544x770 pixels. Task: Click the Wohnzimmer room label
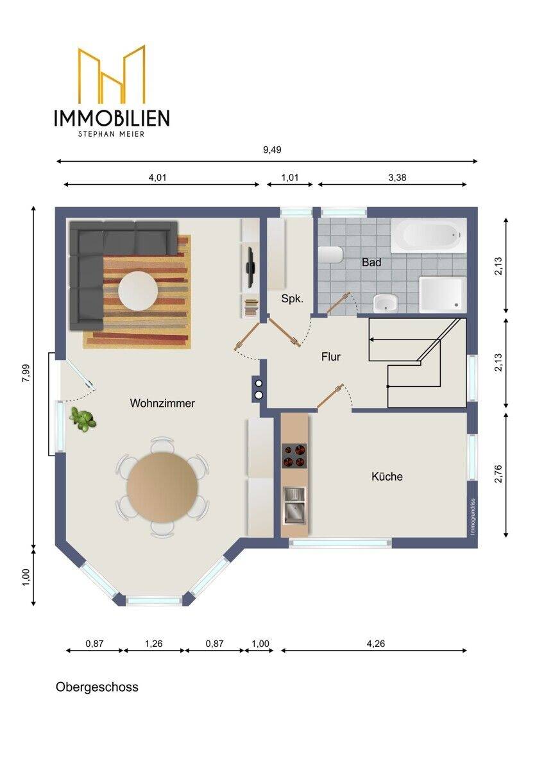tap(162, 403)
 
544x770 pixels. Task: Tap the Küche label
tap(387, 476)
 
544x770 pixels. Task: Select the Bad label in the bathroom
tap(371, 262)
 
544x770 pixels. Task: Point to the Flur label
tap(331, 357)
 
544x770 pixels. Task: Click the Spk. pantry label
tap(293, 299)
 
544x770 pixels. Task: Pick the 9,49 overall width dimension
tap(272, 150)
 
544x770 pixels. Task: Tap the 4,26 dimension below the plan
tap(376, 644)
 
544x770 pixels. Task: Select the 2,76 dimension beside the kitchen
tap(498, 474)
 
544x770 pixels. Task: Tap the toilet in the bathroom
tap(330, 255)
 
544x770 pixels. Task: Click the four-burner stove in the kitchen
tap(294, 456)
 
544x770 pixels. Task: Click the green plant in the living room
tap(83, 419)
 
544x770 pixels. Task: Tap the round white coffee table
tap(138, 291)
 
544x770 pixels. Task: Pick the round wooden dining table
tap(162, 488)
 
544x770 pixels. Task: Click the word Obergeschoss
tap(97, 687)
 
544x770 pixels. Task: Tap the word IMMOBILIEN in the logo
tap(112, 117)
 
